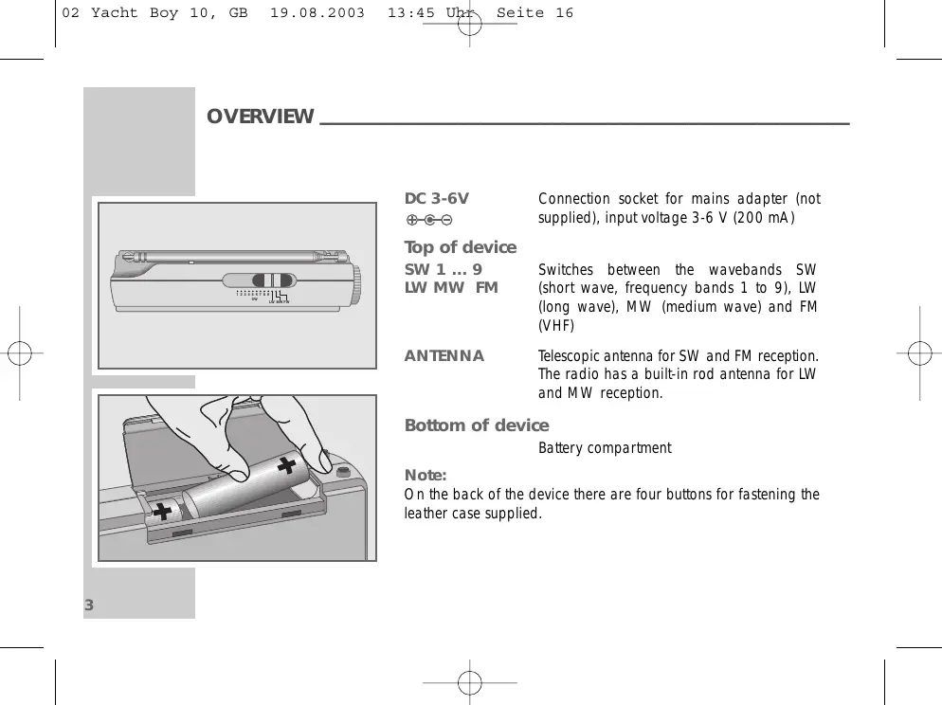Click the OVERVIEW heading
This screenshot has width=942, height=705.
(260, 117)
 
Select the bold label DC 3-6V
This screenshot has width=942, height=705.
(436, 199)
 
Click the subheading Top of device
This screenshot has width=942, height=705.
(461, 247)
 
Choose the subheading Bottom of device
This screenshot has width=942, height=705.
(476, 425)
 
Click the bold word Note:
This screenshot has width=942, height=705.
(426, 475)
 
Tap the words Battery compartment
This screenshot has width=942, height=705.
(605, 448)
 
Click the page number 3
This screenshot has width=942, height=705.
(88, 606)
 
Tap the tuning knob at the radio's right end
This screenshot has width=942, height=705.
(357, 280)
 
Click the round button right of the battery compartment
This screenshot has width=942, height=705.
(342, 470)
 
